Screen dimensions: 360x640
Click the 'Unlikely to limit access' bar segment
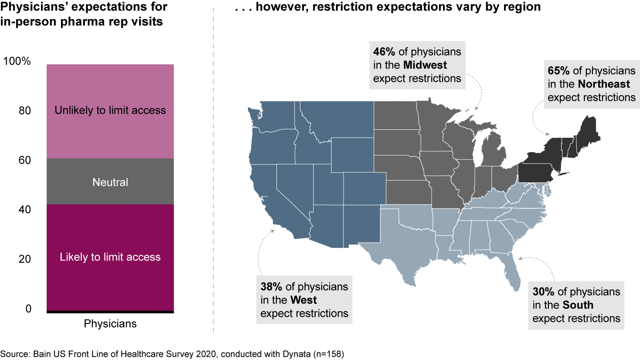(x=110, y=111)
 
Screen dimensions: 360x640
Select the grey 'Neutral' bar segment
(x=110, y=182)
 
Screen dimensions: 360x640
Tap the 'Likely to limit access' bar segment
(x=110, y=257)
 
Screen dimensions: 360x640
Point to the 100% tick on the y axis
(x=17, y=61)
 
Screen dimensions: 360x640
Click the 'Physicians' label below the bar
(x=110, y=324)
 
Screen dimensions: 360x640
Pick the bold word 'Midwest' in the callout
(x=425, y=65)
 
